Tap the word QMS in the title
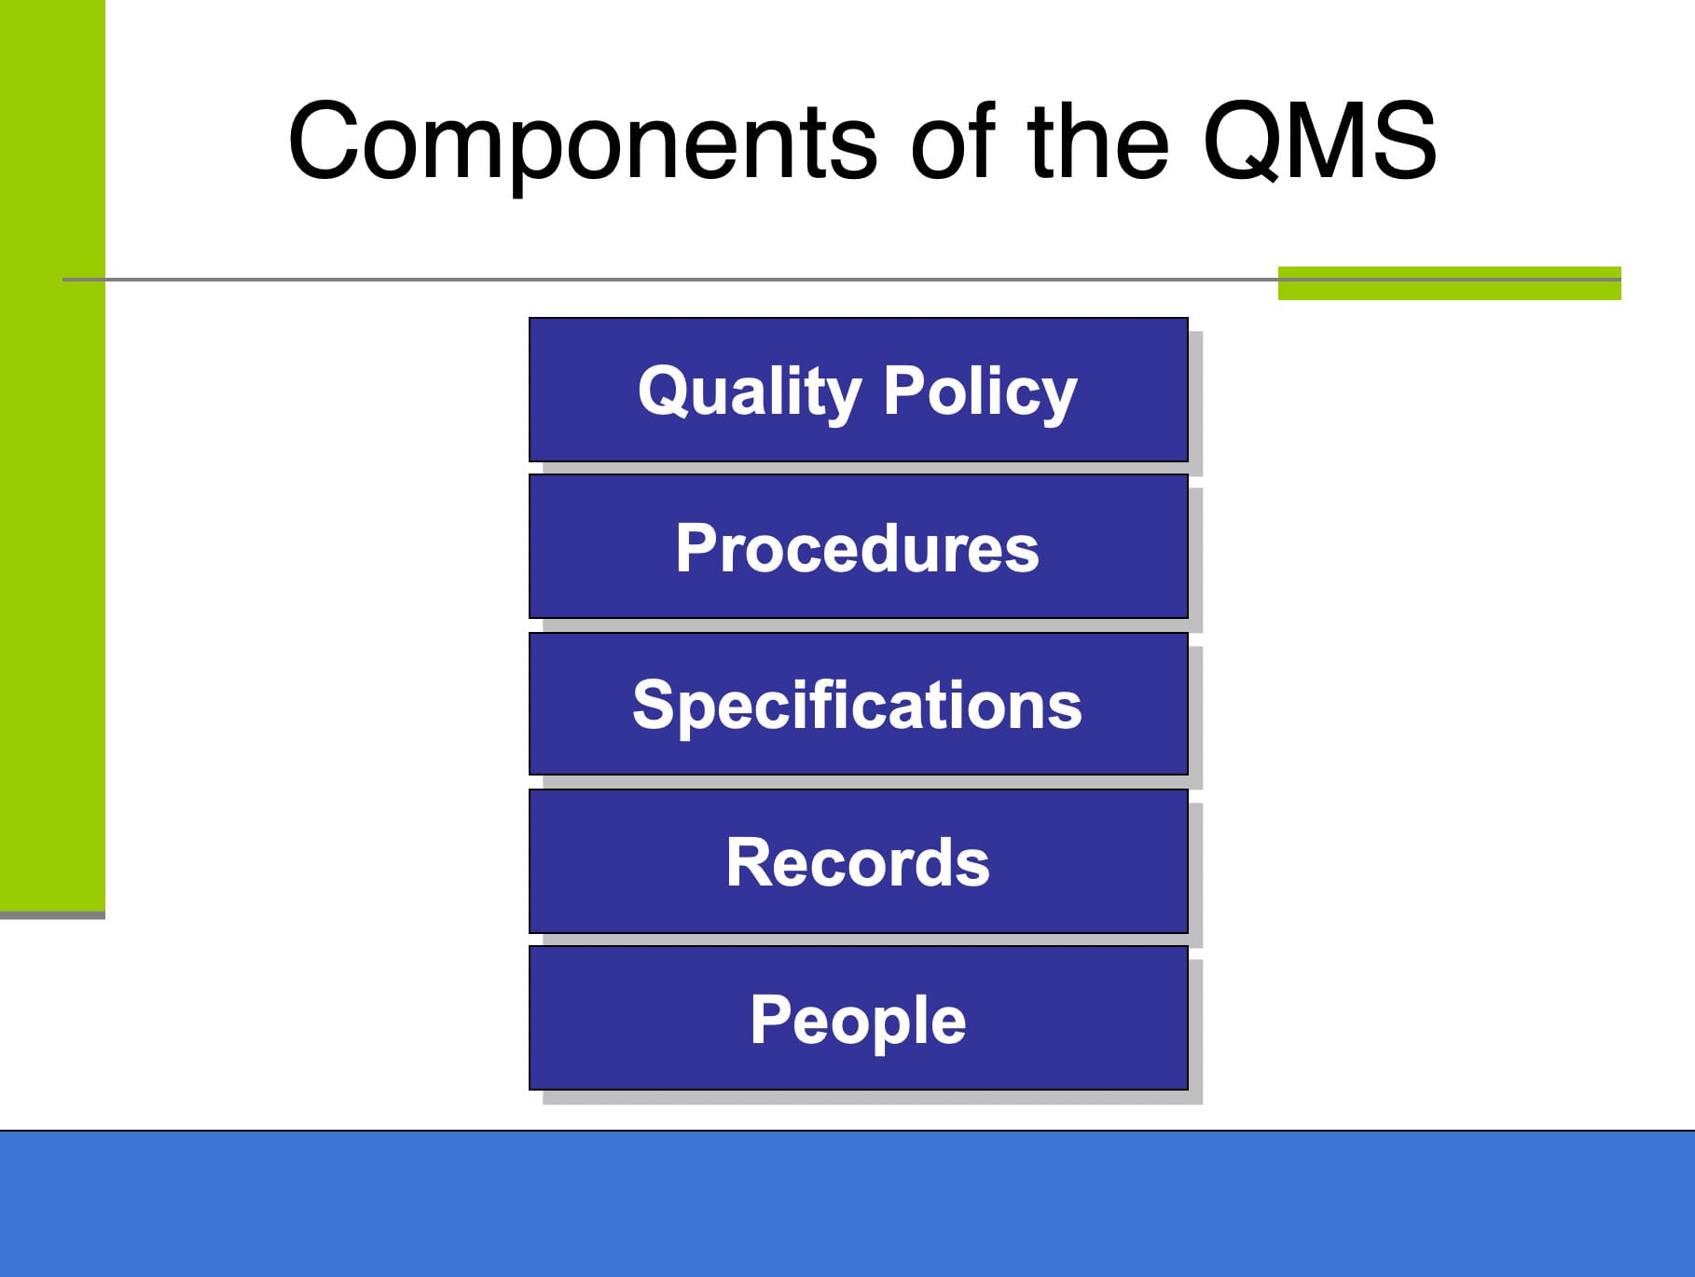click(1318, 143)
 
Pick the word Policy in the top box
click(980, 391)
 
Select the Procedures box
click(858, 547)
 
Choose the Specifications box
click(858, 705)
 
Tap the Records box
click(858, 862)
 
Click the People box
click(858, 1019)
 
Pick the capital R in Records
click(748, 862)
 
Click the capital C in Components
click(327, 143)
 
